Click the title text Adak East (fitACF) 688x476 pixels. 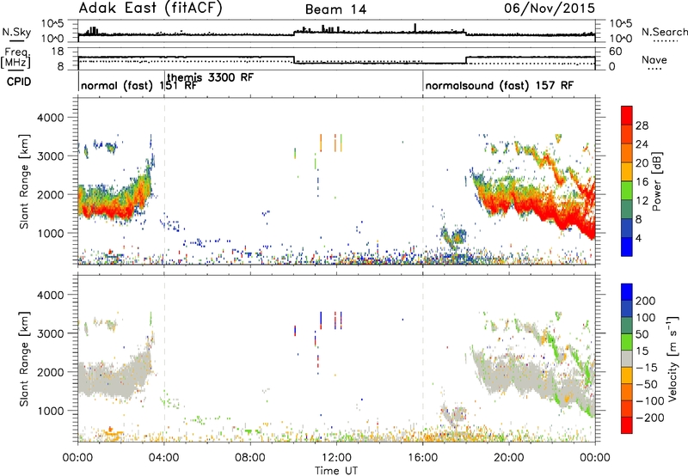tap(150, 8)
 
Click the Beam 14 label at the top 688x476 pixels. tap(335, 9)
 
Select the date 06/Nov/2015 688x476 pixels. tap(550, 8)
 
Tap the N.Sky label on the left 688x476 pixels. tap(16, 32)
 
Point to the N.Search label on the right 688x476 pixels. tap(665, 32)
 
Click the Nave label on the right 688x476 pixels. tap(654, 59)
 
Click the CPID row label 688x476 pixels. tap(19, 82)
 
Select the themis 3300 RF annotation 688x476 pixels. tap(211, 77)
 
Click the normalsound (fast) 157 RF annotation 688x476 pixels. tap(500, 85)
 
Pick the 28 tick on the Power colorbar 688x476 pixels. tap(642, 125)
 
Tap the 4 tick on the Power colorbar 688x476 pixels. tap(638, 239)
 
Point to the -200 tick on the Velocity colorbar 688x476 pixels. tap(648, 418)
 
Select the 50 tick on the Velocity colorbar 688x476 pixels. tap(642, 334)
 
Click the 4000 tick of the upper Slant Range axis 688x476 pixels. tap(51, 118)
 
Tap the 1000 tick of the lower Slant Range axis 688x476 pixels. tap(51, 411)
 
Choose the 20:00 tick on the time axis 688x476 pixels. tap(509, 458)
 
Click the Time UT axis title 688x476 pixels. tap(336, 470)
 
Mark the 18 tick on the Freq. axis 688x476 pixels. tap(58, 52)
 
